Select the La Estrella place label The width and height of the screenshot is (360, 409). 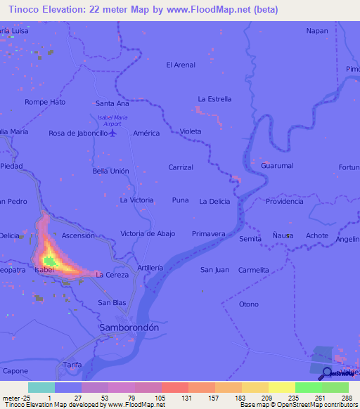coord(214,99)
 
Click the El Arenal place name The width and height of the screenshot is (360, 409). coord(180,65)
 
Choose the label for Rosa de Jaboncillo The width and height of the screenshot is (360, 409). coord(78,133)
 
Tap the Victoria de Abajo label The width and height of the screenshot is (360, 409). coord(148,233)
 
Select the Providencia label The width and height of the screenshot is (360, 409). coord(284,201)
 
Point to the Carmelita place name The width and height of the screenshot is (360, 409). coord(253,270)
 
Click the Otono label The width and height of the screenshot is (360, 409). coord(249,304)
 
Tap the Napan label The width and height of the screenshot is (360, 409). coord(317,31)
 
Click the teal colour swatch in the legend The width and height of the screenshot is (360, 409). coord(41,387)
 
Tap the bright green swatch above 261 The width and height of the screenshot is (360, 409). coord(308,387)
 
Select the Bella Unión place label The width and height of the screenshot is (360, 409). coord(111,171)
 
